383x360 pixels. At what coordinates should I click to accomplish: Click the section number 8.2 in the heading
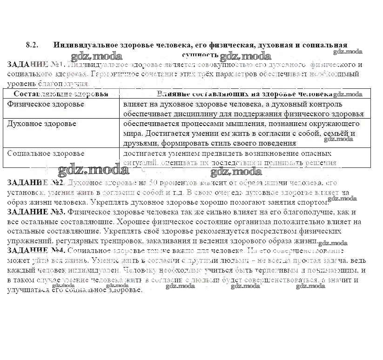click(x=31, y=45)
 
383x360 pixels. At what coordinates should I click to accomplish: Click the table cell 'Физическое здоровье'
click(x=46, y=104)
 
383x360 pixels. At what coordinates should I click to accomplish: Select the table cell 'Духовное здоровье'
click(x=42, y=124)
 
